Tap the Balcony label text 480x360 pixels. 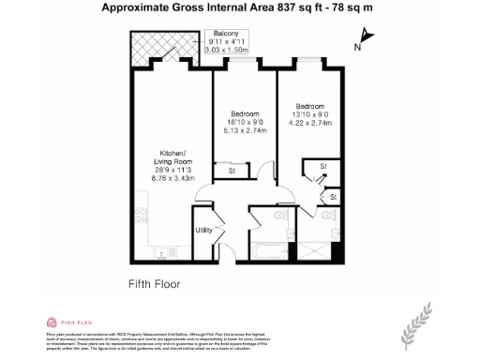(x=226, y=33)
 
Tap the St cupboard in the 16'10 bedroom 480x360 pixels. (x=232, y=171)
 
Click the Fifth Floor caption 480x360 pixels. (x=154, y=282)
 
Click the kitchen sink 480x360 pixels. (x=158, y=252)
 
